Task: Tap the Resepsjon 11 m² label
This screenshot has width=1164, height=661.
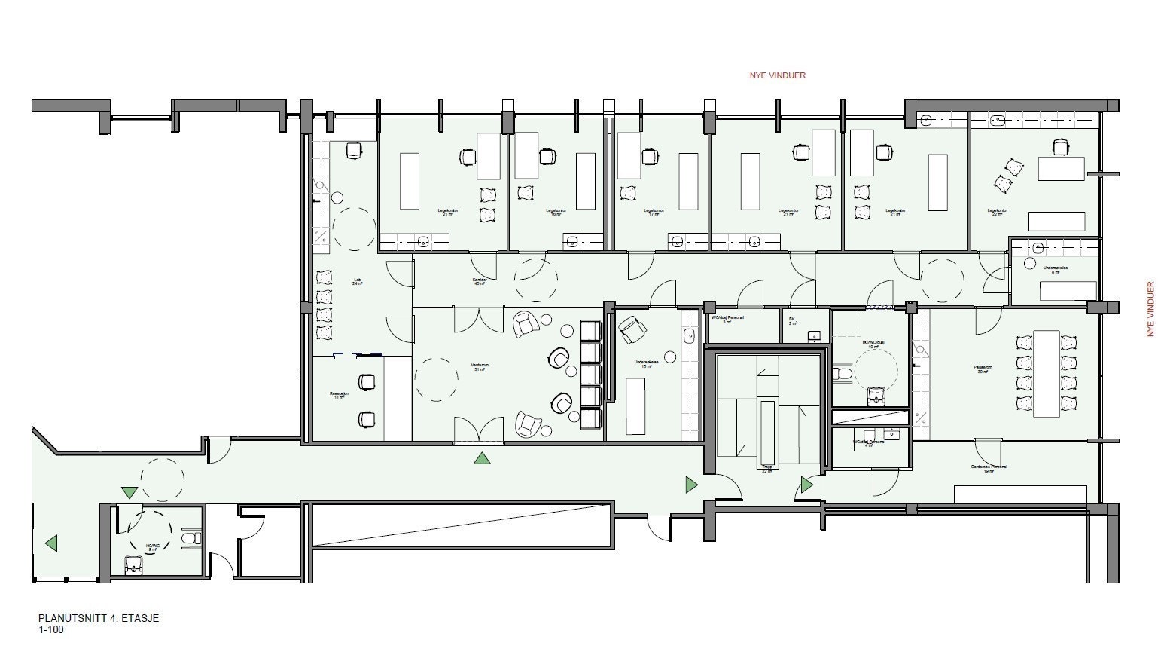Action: click(340, 395)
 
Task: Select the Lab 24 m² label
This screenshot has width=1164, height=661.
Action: click(357, 282)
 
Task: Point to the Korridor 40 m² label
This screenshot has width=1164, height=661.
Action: click(480, 281)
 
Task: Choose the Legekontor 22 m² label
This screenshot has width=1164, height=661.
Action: click(998, 213)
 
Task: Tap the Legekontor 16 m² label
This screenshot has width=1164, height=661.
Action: click(556, 213)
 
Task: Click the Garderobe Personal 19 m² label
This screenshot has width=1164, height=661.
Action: click(989, 469)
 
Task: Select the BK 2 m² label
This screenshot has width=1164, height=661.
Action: click(792, 320)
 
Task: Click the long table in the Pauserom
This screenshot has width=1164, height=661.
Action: click(1045, 373)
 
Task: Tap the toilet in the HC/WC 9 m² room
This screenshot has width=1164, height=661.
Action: click(191, 538)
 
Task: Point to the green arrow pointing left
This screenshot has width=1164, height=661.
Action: click(51, 543)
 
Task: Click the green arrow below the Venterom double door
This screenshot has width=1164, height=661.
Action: click(481, 457)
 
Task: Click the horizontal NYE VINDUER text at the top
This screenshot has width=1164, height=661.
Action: click(777, 75)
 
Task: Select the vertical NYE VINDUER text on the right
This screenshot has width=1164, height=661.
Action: click(1150, 309)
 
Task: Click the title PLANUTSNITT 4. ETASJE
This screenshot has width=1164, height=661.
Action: click(99, 619)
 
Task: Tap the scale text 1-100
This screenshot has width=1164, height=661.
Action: click(51, 630)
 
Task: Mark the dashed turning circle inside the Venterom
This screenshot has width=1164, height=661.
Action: click(436, 379)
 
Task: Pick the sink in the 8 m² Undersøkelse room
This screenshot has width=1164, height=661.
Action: click(1038, 246)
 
